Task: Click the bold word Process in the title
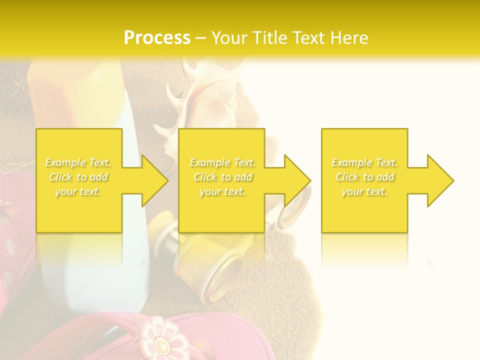pyautogui.click(x=157, y=38)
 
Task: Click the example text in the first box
pyautogui.click(x=78, y=177)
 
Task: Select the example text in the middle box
pyautogui.click(x=222, y=177)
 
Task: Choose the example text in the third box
pyautogui.click(x=364, y=177)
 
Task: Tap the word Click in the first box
pyautogui.click(x=60, y=177)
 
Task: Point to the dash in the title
pyautogui.click(x=201, y=38)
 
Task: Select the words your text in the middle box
pyautogui.click(x=222, y=191)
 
